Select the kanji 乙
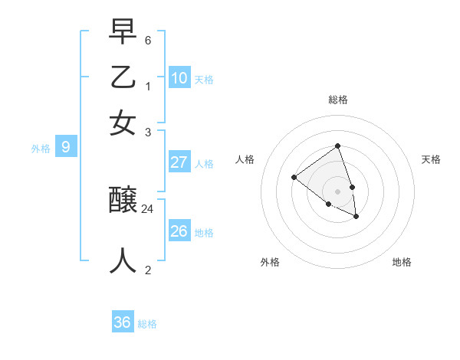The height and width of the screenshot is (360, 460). pyautogui.click(x=123, y=79)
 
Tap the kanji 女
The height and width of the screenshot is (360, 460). pyautogui.click(x=123, y=123)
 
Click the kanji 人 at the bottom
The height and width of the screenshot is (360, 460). pyautogui.click(x=123, y=260)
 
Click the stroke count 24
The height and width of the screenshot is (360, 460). pyautogui.click(x=148, y=208)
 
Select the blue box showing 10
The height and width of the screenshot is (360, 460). pyautogui.click(x=179, y=78)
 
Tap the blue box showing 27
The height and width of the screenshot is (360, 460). pyautogui.click(x=179, y=162)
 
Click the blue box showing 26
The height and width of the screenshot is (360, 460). pyautogui.click(x=179, y=231)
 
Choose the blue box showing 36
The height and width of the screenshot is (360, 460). pyautogui.click(x=122, y=322)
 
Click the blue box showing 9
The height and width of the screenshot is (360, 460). pyautogui.click(x=65, y=147)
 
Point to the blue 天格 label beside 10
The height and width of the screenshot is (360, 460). pyautogui.click(x=204, y=80)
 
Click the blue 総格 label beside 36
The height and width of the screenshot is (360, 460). pyautogui.click(x=147, y=324)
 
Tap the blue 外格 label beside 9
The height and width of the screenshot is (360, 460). pyautogui.click(x=41, y=149)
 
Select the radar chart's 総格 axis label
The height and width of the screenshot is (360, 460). pyautogui.click(x=337, y=100)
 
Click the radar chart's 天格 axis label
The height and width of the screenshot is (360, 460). pyautogui.click(x=431, y=159)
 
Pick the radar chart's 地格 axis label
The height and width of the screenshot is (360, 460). pyautogui.click(x=402, y=262)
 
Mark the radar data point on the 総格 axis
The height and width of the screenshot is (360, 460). pyautogui.click(x=337, y=146)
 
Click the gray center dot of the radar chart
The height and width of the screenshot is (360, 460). pyautogui.click(x=337, y=191)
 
